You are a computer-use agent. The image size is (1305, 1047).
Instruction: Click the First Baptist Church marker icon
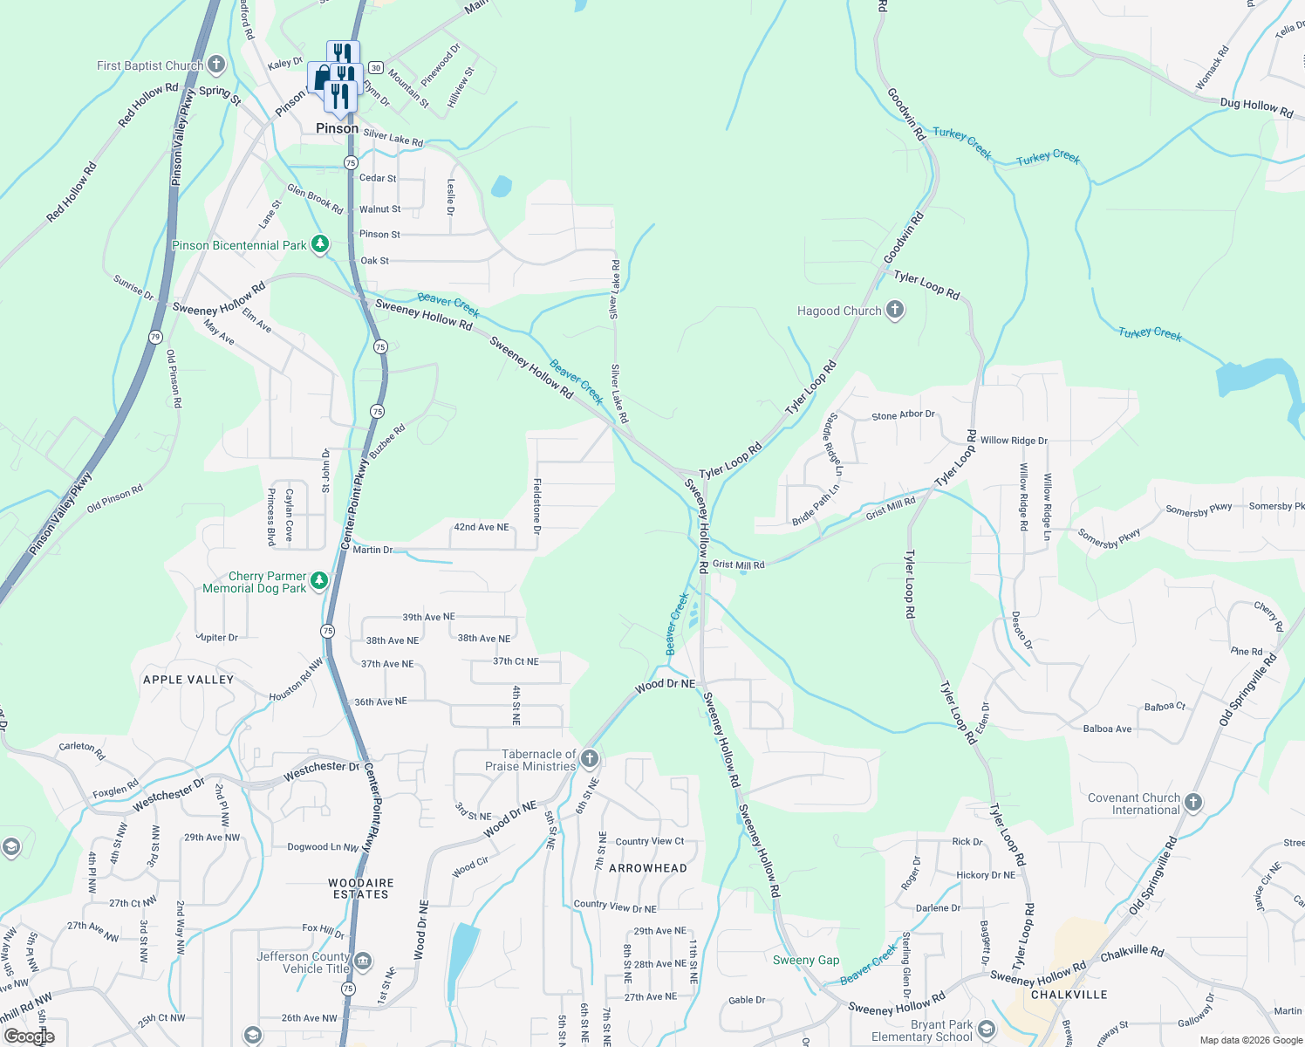[216, 65]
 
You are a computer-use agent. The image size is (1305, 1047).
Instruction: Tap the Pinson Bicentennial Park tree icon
[320, 244]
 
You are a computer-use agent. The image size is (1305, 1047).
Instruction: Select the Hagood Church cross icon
[894, 310]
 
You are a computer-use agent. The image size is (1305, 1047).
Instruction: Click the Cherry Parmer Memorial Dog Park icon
[319, 581]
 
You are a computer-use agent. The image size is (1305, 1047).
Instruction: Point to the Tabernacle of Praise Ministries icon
[590, 759]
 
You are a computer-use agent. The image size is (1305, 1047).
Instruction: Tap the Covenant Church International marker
[1193, 803]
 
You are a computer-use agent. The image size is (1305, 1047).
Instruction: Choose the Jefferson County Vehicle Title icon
[363, 961]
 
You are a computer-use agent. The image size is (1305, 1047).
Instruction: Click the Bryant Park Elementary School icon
[987, 1030]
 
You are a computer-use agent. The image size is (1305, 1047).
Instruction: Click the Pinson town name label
[337, 128]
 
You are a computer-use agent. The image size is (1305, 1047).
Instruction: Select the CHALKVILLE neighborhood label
[1069, 995]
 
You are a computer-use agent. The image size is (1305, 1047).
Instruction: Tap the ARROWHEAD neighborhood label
[647, 868]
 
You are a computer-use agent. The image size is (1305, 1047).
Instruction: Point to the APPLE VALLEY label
[188, 680]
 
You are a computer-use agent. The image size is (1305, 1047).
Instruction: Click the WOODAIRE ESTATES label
[361, 888]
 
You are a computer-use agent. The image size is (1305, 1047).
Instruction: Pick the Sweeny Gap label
[806, 960]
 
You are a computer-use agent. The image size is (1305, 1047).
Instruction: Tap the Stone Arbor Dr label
[903, 415]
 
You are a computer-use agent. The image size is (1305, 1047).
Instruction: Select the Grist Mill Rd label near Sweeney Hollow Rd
[738, 565]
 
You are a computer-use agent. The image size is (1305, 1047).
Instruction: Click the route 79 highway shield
[155, 337]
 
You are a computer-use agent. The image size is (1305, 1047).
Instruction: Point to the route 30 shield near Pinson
[375, 67]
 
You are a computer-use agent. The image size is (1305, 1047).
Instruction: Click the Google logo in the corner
[29, 1036]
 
